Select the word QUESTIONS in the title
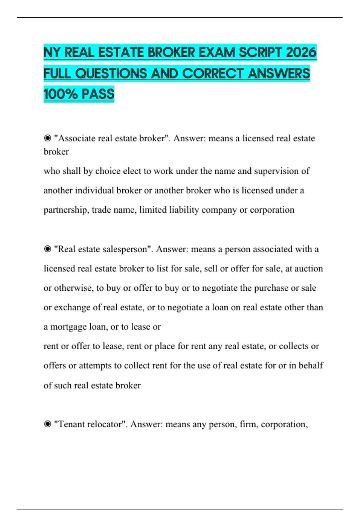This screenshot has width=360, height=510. click(111, 73)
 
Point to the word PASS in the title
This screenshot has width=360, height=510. click(98, 94)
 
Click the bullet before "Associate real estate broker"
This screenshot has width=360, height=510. click(47, 138)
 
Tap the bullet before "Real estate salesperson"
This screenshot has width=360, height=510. click(47, 249)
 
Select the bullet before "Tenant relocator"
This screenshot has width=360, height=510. click(47, 424)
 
